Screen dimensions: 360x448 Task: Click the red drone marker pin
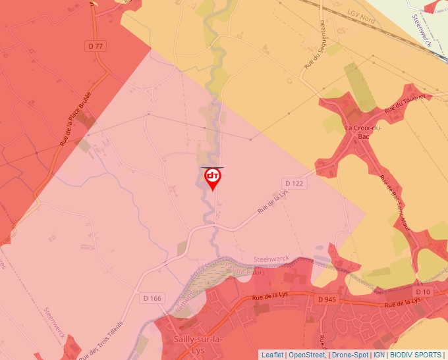213,178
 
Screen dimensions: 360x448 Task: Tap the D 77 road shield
96,45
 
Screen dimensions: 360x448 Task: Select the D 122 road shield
294,182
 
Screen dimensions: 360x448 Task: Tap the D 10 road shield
422,291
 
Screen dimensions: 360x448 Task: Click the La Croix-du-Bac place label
363,132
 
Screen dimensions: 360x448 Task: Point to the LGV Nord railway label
360,16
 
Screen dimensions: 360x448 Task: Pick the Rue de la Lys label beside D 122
273,201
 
